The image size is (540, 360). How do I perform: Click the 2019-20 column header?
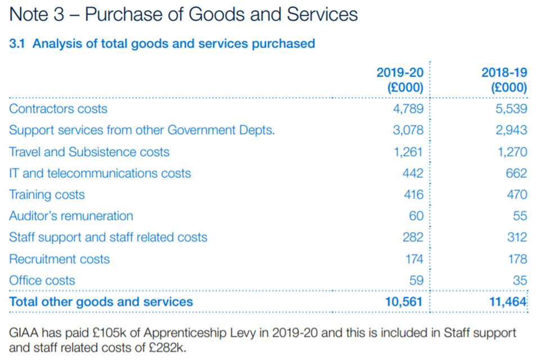399,80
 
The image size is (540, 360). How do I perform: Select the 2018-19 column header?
504,80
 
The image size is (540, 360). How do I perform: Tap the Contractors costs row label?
58,109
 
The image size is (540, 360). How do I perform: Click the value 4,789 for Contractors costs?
408,109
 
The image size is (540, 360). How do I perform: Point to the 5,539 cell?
512,109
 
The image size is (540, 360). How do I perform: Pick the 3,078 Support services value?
408,130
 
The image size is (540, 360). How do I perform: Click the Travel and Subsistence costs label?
89,152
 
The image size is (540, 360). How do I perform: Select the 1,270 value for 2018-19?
512,152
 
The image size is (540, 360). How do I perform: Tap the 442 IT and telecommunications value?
412,173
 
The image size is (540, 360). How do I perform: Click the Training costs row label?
47,195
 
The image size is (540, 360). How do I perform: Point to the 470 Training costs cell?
516,195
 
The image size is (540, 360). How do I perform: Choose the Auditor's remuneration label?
71,216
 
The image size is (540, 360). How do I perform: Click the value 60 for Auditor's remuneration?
416,216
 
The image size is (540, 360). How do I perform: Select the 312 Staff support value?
516,237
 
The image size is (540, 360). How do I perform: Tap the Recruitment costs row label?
59,259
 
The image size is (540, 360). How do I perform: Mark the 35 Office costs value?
520,280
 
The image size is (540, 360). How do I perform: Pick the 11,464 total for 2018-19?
508,301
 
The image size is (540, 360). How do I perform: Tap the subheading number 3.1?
18,43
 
